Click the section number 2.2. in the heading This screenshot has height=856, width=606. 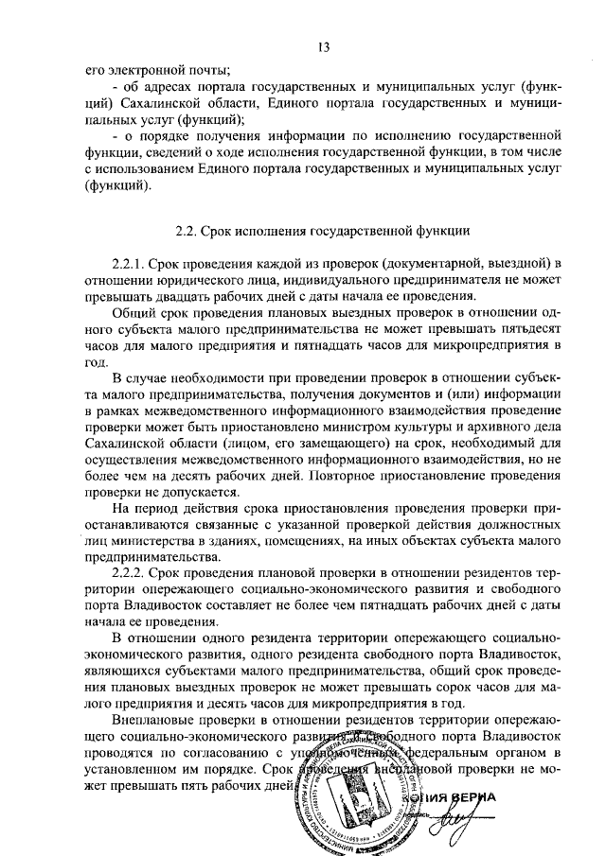[191, 230]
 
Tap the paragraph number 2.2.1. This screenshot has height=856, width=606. [130, 261]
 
